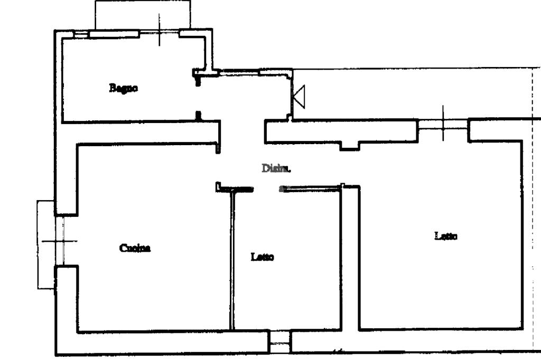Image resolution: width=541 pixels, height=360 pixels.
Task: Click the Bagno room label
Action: (124, 88)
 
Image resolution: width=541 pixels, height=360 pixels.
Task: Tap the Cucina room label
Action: (135, 248)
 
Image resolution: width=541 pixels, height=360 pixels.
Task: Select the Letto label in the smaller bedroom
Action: (262, 257)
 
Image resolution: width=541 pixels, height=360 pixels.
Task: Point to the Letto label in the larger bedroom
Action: (446, 236)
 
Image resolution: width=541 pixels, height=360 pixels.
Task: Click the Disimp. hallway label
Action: (276, 168)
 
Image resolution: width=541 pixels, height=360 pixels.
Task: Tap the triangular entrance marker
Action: (300, 97)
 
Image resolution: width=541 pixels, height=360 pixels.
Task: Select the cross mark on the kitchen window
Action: (59, 241)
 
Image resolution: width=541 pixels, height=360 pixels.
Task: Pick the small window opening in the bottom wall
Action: (279, 342)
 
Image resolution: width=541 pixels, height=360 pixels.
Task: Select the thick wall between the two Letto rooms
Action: (349, 259)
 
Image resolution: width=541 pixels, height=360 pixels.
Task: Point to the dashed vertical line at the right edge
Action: (533, 211)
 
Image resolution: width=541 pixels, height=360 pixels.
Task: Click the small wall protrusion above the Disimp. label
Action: (349, 146)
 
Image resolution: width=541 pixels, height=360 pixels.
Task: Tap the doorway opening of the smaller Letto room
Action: (266, 188)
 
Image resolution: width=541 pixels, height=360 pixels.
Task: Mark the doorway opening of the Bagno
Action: (198, 98)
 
